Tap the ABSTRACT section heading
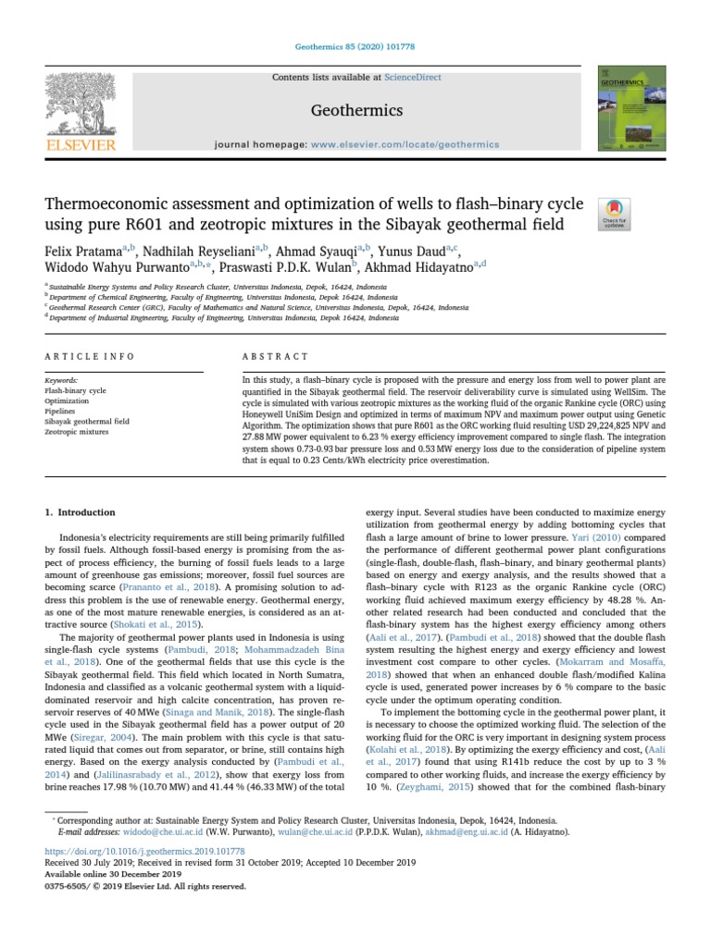[x=275, y=356]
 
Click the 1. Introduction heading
[x=81, y=511]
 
